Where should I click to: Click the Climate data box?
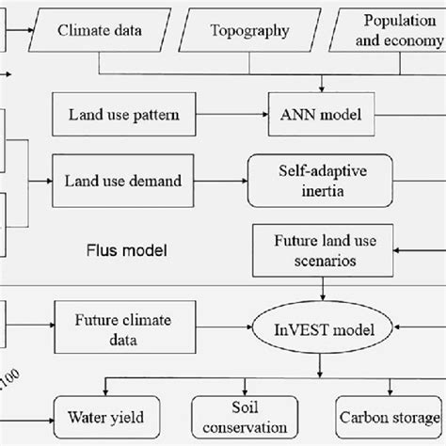click(x=100, y=30)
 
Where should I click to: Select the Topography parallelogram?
click(x=247, y=30)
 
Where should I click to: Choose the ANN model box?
click(x=313, y=117)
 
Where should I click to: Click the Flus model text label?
click(x=121, y=251)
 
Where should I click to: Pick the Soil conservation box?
click(x=247, y=414)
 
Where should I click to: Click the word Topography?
click(x=247, y=30)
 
